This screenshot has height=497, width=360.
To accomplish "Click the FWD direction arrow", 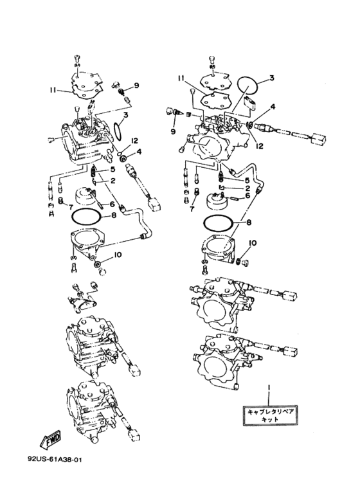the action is (51, 440).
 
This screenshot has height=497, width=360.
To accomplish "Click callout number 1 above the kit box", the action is (269, 388).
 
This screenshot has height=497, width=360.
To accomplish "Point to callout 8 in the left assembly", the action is (114, 215).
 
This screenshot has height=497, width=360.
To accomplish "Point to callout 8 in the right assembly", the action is (249, 222).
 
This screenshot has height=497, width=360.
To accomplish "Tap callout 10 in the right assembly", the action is (253, 244).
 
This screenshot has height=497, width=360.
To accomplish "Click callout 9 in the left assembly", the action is (136, 86).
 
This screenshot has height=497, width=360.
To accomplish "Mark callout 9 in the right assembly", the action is (173, 131).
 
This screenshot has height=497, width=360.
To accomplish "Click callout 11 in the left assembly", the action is (53, 90).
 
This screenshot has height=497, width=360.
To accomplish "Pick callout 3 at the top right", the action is (272, 78).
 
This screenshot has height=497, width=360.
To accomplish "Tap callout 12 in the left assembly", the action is (135, 141).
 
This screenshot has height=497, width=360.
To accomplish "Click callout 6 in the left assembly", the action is (113, 204).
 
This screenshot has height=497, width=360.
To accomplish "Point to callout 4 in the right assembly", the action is (273, 107).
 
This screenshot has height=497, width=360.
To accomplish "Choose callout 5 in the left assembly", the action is (113, 170).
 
